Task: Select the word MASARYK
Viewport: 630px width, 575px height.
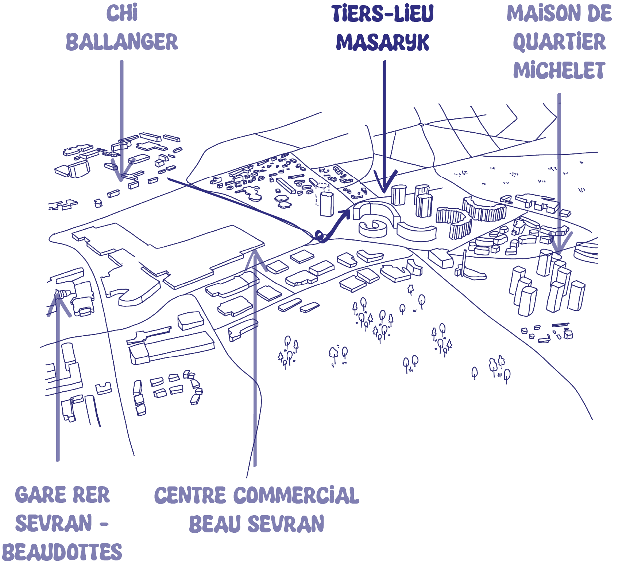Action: click(x=382, y=42)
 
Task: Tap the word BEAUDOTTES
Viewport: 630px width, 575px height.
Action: click(x=64, y=552)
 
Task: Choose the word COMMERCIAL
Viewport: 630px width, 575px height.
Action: click(x=296, y=495)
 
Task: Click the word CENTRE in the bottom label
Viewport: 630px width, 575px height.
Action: click(x=190, y=495)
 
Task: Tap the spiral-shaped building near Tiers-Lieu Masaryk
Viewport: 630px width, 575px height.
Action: click(x=373, y=228)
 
